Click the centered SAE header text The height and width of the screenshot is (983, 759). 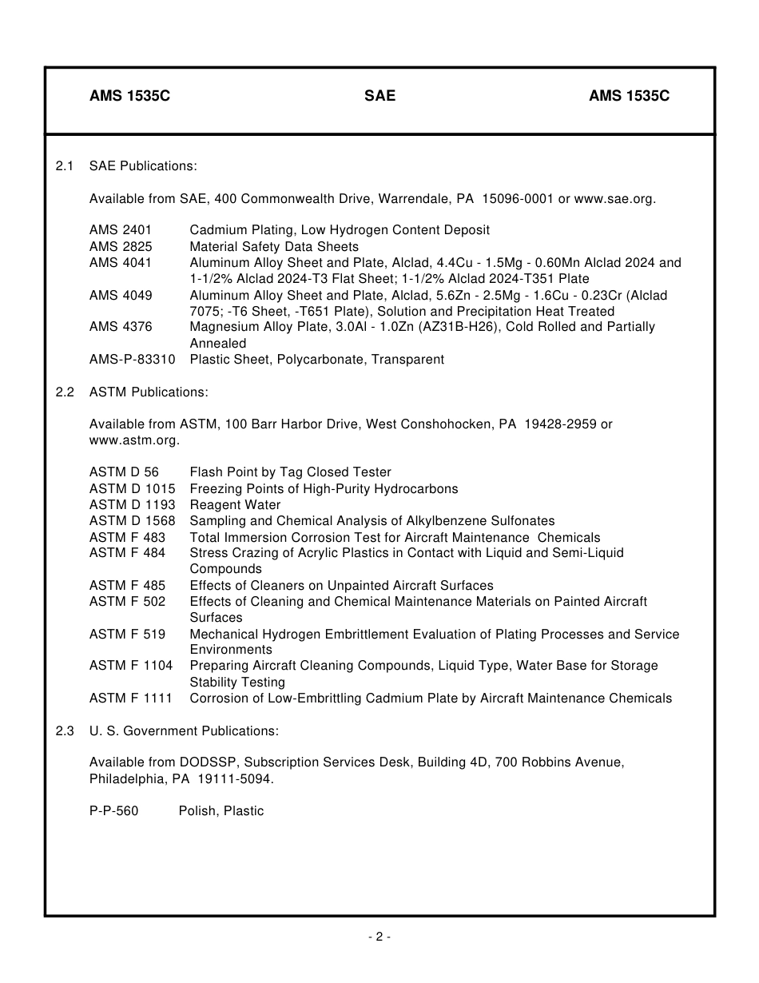click(x=379, y=96)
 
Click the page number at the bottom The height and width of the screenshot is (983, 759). click(x=379, y=937)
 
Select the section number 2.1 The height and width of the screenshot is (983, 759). click(x=65, y=166)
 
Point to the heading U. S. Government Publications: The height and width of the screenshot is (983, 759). click(x=184, y=730)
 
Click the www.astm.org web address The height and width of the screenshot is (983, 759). click(x=133, y=440)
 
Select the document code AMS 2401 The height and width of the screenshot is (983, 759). click(x=121, y=230)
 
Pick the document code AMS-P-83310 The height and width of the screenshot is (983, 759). click(x=132, y=360)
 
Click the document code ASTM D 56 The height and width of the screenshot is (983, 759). click(x=124, y=472)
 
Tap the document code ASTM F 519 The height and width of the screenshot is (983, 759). click(x=127, y=634)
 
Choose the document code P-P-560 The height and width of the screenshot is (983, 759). click(x=113, y=811)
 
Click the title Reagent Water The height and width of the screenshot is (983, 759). click(x=235, y=505)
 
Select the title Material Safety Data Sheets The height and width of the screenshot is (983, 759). click(x=274, y=246)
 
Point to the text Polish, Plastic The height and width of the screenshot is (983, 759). click(x=221, y=811)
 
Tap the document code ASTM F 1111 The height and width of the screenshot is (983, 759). click(x=130, y=698)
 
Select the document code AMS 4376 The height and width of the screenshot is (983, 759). click(x=121, y=327)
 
